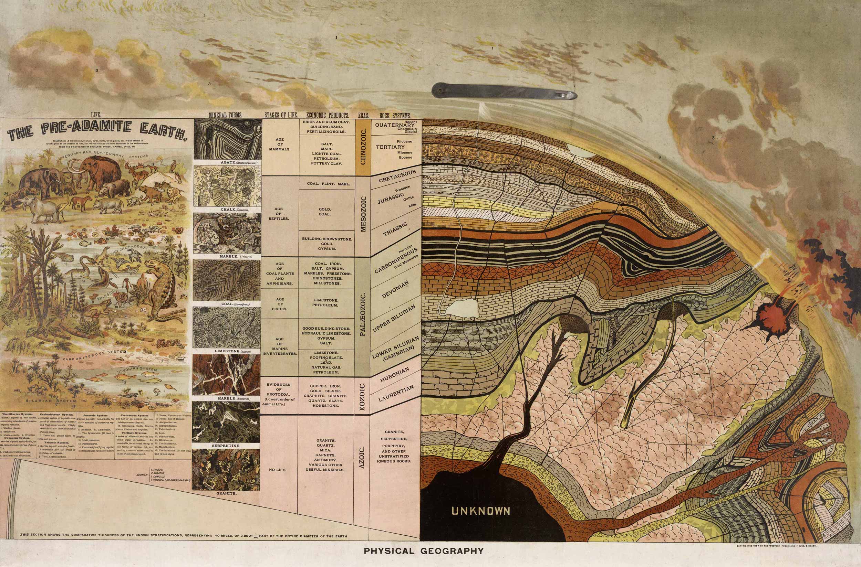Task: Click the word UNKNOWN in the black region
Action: tap(481, 511)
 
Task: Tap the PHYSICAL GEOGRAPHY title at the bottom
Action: tap(424, 551)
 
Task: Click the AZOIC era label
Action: tap(362, 458)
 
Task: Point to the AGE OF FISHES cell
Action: tap(279, 304)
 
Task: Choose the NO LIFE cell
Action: tap(278, 470)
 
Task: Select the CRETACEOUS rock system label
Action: tap(397, 176)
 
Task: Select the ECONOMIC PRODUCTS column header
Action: tap(328, 116)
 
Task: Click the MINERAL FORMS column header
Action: tap(225, 115)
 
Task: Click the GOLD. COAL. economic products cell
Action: tap(324, 212)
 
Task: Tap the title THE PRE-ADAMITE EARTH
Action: tap(97, 133)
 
